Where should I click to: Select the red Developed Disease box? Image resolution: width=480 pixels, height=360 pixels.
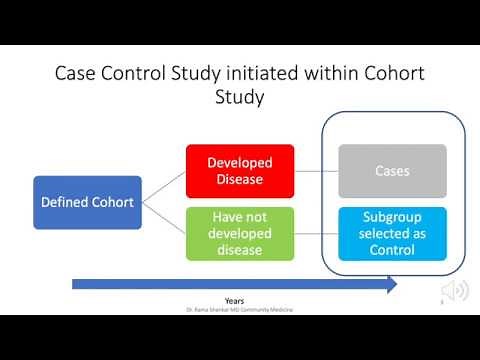(240, 171)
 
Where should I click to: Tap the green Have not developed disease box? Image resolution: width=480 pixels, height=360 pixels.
(240, 232)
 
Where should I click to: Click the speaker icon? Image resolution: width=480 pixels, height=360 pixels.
(455, 290)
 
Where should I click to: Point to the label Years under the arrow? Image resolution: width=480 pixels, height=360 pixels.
(235, 300)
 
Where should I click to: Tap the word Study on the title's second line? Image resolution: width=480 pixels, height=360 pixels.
(240, 99)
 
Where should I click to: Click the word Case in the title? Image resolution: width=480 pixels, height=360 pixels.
(77, 74)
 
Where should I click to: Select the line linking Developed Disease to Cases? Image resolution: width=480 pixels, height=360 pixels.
(316, 171)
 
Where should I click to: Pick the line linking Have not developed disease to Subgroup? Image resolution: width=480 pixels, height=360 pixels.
(316, 233)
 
